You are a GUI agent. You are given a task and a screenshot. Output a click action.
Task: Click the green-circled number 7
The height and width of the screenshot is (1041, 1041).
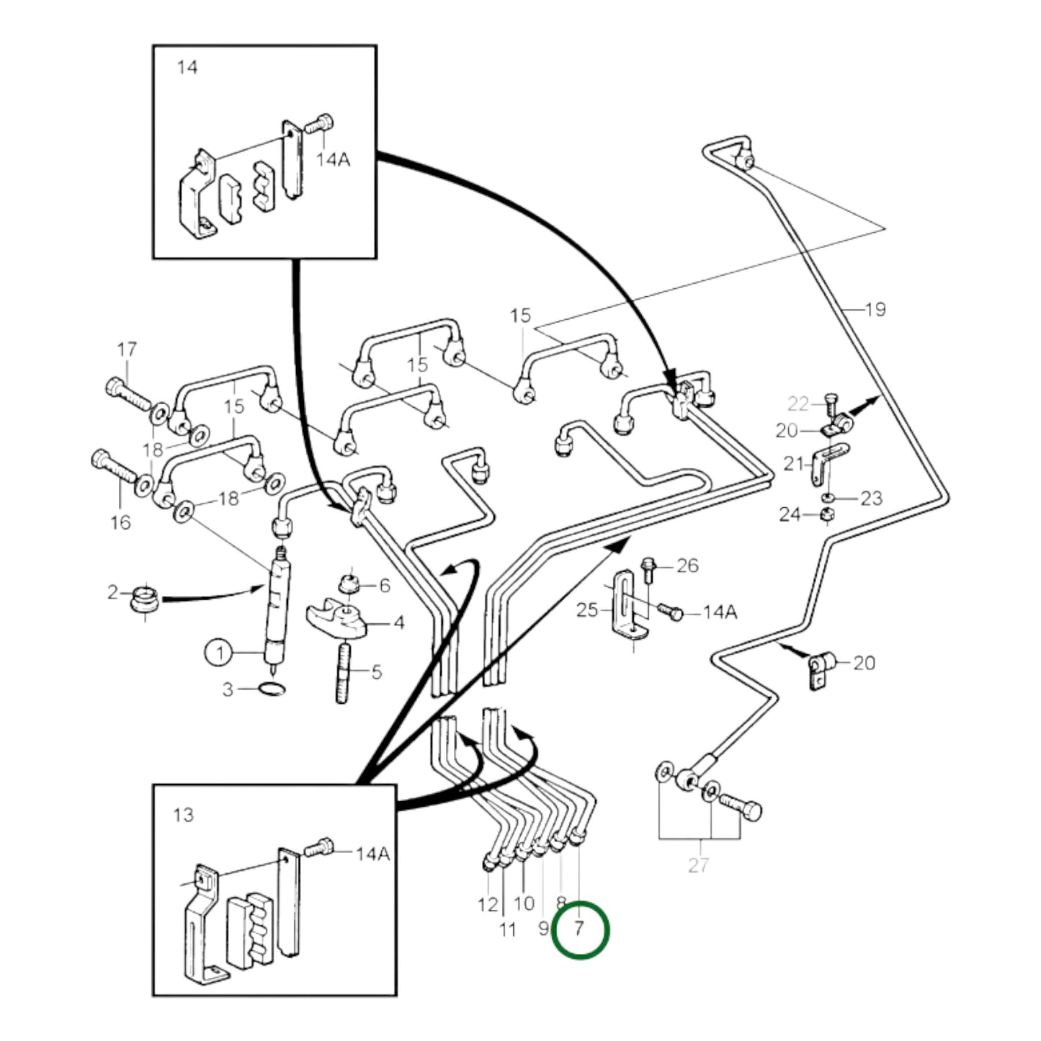pyautogui.click(x=580, y=929)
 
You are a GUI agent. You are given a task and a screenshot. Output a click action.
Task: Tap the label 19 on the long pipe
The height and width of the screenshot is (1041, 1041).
pyautogui.click(x=875, y=310)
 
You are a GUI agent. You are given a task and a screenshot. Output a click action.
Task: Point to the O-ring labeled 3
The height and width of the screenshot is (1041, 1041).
pyautogui.click(x=272, y=689)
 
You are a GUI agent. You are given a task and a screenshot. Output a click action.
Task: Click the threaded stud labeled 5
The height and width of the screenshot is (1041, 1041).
pyautogui.click(x=343, y=674)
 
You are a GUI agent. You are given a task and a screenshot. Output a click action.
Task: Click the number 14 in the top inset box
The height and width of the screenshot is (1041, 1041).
pyautogui.click(x=187, y=68)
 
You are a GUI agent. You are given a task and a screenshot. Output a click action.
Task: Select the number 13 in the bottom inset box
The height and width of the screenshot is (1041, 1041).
pyautogui.click(x=184, y=815)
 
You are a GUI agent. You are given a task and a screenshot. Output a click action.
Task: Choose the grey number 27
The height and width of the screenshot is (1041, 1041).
pyautogui.click(x=698, y=864)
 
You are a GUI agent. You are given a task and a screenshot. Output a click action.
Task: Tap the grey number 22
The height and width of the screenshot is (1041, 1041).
pyautogui.click(x=798, y=403)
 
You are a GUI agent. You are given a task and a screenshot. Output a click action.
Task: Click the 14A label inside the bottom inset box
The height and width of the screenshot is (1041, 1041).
pyautogui.click(x=372, y=854)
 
